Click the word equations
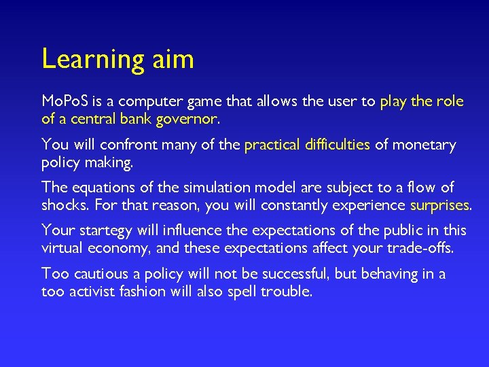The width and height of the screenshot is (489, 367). pyautogui.click(x=96, y=187)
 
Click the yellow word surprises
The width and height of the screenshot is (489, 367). pyautogui.click(x=439, y=205)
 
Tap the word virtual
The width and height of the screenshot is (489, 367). pyautogui.click(x=63, y=247)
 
